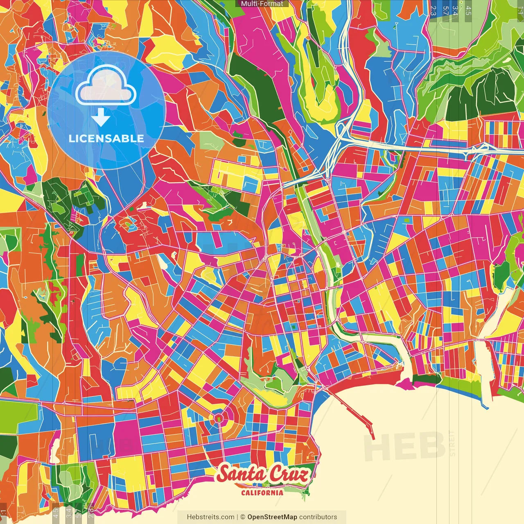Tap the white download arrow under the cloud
coord(101,117)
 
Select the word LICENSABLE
coord(106,138)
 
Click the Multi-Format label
coord(262,4)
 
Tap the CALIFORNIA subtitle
coord(262,492)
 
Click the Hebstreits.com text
coord(210,517)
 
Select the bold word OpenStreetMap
coord(272,517)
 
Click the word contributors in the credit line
coord(318,517)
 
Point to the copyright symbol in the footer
coord(242,517)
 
